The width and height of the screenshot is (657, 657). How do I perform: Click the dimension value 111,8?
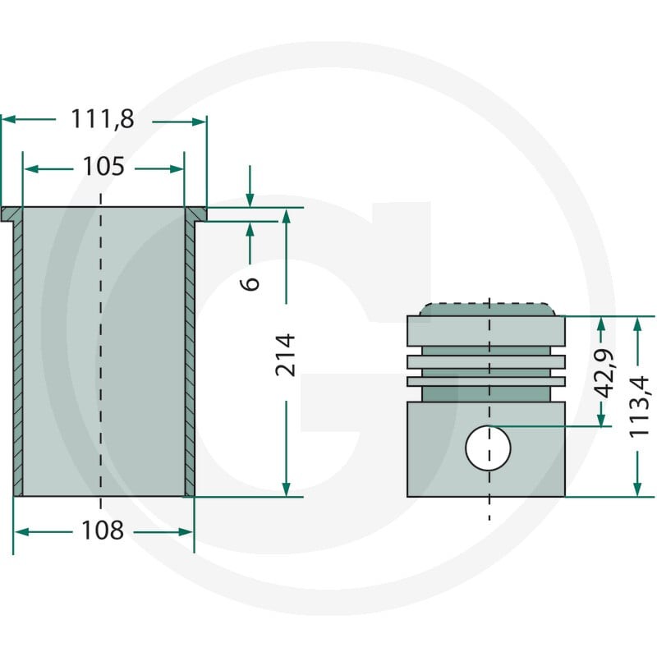click(103, 118)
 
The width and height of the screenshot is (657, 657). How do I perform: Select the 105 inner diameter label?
click(103, 166)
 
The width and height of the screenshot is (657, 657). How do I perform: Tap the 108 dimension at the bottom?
click(103, 530)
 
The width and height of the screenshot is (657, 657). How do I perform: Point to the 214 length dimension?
click(285, 355)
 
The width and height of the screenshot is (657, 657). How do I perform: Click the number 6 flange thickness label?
click(250, 283)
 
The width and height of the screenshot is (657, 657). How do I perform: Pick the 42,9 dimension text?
click(604, 373)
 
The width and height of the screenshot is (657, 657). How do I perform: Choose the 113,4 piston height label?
click(639, 407)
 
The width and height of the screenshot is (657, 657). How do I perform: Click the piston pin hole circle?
click(488, 448)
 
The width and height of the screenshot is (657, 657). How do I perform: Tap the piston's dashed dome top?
click(487, 310)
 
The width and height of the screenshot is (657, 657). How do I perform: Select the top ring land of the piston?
click(486, 331)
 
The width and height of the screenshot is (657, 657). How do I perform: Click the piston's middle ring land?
click(486, 362)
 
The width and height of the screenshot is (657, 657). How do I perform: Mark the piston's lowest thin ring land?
click(486, 381)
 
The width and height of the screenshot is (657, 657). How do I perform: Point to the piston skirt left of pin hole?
click(436, 449)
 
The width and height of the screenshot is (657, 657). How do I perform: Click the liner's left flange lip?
click(11, 214)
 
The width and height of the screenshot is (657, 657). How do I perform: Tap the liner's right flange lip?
click(195, 214)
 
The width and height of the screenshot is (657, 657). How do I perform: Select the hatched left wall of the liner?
click(18, 358)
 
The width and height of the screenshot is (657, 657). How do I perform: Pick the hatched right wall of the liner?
click(190, 358)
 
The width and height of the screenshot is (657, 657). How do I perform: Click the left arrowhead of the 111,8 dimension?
click(8, 119)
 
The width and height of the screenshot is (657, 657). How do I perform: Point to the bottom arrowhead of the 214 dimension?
click(286, 489)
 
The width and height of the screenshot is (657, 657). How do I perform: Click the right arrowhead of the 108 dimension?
click(186, 532)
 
